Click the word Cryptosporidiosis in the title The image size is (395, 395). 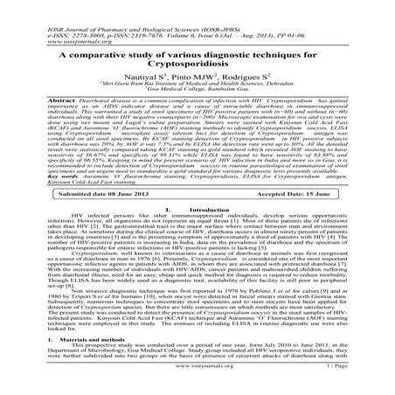point(197,52)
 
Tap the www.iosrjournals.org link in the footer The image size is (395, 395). point(197,388)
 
